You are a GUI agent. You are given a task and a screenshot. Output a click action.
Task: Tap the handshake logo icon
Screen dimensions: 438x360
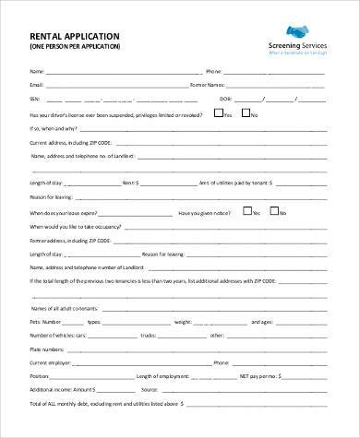click(x=300, y=30)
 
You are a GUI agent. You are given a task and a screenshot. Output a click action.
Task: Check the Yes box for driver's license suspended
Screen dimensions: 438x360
click(x=217, y=113)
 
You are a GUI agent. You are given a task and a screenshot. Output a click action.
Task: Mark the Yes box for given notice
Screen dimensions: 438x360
click(x=247, y=210)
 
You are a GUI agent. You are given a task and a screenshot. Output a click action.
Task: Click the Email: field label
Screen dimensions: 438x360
click(x=37, y=85)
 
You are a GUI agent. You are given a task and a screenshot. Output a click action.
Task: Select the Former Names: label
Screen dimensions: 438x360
click(x=206, y=85)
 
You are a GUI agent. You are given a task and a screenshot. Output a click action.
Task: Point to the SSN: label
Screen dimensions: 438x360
click(x=35, y=99)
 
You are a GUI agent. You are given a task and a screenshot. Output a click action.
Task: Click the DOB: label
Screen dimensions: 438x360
click(x=225, y=99)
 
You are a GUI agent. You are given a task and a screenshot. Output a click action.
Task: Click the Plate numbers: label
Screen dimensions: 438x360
click(x=44, y=349)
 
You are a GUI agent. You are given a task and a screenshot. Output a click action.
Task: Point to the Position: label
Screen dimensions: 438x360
click(x=40, y=376)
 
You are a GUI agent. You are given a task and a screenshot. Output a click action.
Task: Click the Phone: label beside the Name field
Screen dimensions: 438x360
click(x=213, y=71)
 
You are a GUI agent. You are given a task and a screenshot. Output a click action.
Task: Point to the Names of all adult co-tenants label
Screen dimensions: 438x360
click(x=66, y=309)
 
